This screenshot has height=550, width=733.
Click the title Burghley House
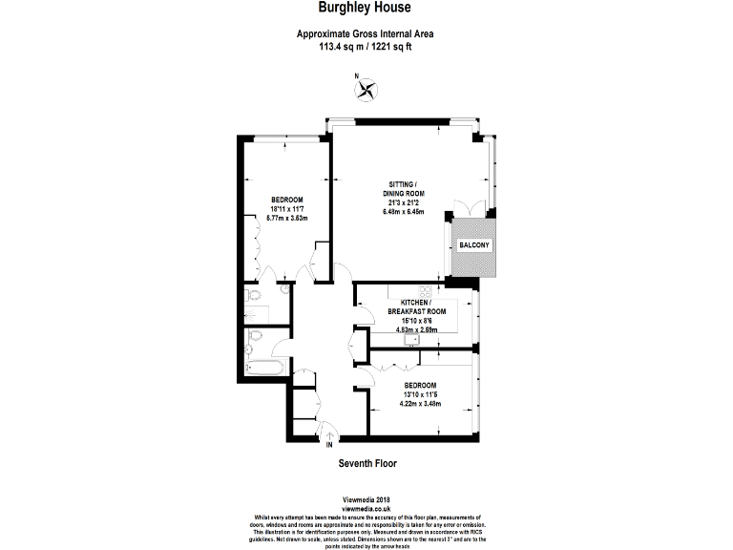[366, 9]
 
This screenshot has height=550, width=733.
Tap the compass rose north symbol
[366, 90]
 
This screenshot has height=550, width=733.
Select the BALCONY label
[474, 245]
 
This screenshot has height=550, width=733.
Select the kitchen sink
[412, 338]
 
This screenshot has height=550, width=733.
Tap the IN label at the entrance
[329, 445]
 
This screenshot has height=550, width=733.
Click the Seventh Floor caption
[366, 463]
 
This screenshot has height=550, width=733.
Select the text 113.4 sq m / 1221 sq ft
[366, 46]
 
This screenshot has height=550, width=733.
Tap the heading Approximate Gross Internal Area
[366, 34]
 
